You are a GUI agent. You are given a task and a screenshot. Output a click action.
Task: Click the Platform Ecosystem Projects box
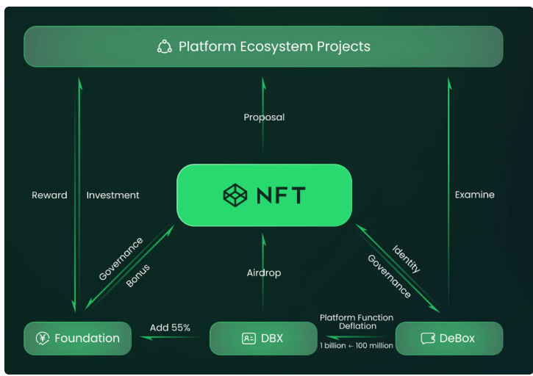(x=263, y=46)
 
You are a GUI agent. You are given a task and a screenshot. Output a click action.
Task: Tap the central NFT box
(x=264, y=195)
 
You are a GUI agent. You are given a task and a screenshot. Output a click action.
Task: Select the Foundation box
(x=77, y=339)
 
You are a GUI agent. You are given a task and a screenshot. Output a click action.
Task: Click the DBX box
(x=263, y=339)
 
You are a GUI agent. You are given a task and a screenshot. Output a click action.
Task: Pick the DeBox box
(x=449, y=339)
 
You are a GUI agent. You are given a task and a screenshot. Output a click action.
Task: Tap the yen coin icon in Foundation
(x=43, y=339)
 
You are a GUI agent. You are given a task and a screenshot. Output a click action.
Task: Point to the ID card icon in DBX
(x=248, y=339)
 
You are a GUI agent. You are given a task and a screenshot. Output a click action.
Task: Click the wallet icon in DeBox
(x=427, y=339)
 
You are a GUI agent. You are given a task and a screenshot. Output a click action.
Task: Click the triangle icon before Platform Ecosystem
(x=165, y=47)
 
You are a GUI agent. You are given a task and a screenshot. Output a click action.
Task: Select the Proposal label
(x=264, y=117)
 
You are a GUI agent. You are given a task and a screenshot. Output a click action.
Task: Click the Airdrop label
(x=264, y=273)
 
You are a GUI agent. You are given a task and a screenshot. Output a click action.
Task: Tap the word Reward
(x=49, y=195)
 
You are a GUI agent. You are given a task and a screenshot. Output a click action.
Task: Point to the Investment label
(x=112, y=195)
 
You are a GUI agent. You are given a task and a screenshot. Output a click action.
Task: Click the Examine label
(x=474, y=195)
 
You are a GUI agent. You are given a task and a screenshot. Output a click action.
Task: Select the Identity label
(x=406, y=259)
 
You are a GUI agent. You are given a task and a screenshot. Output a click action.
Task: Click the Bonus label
(x=138, y=275)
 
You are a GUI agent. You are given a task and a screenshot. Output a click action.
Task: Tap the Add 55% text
(x=170, y=328)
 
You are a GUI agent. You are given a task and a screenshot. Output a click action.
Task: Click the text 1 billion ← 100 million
(x=357, y=345)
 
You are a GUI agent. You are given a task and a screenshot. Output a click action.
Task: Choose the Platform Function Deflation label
(x=357, y=322)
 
